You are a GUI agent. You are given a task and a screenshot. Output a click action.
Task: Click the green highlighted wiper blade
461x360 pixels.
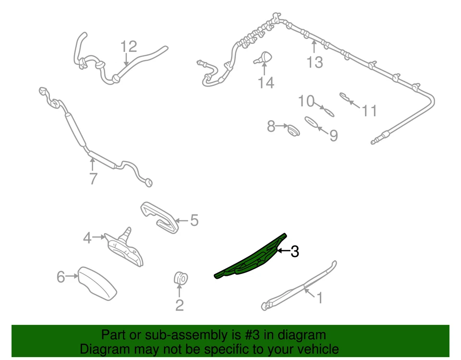250,258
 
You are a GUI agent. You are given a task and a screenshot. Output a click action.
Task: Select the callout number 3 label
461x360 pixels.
294,251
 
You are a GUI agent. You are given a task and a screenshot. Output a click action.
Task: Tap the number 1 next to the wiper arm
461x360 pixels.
318,298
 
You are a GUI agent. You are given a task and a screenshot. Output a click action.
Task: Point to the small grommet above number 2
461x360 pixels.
180,277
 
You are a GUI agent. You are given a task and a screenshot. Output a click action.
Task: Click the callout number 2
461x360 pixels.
179,305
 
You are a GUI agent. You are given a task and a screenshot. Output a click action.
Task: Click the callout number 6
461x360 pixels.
61,277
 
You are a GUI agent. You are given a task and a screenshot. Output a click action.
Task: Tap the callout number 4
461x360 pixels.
87,237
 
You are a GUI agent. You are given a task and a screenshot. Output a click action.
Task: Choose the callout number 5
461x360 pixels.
194,221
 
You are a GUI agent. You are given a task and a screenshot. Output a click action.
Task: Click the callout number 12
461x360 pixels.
129,47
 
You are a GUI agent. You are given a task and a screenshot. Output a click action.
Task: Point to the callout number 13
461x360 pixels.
315,62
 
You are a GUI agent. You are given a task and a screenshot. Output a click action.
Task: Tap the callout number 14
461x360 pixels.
265,83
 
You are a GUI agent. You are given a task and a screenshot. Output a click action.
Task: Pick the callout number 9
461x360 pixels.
333,136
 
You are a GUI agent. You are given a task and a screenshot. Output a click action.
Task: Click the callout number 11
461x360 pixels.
369,111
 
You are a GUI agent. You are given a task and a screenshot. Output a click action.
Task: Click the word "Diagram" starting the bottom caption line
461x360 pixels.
103,349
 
